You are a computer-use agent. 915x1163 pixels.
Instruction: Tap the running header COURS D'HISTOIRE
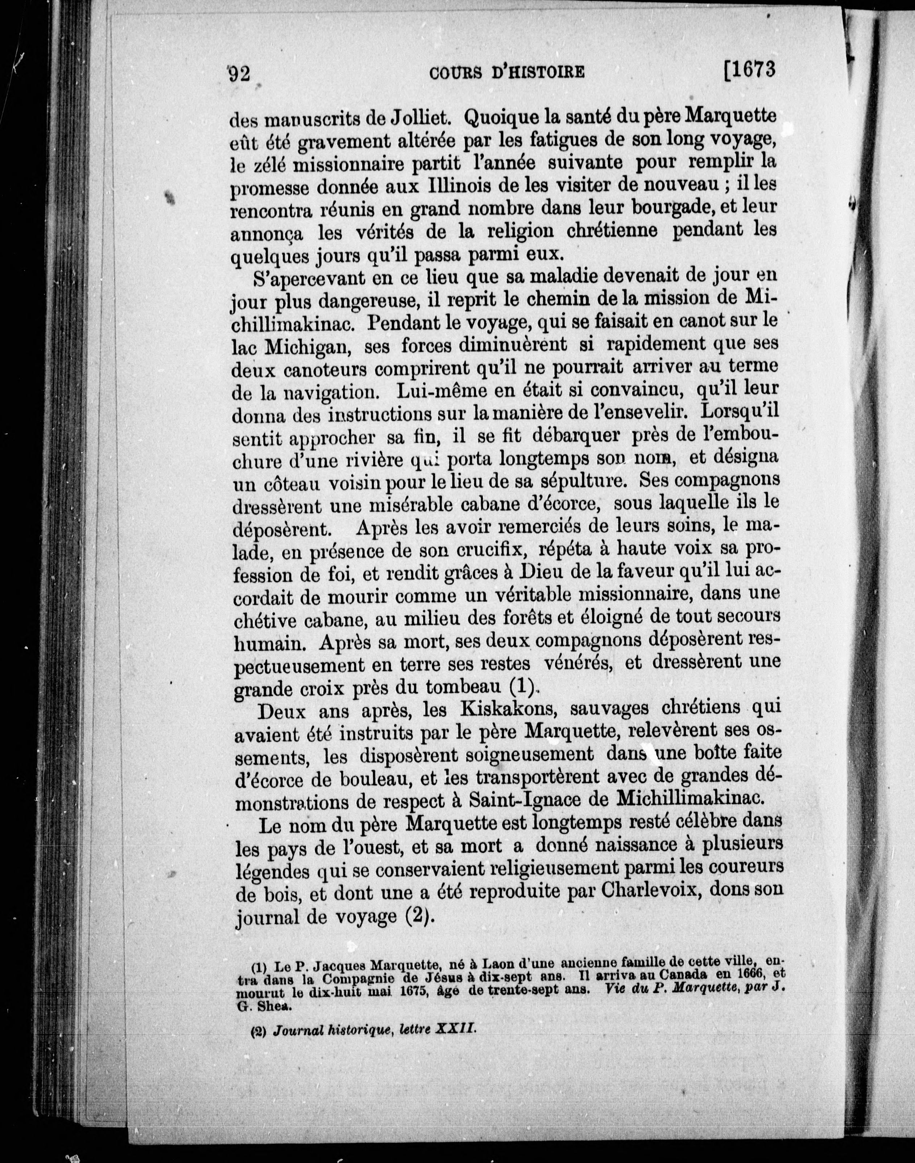[x=507, y=72]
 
